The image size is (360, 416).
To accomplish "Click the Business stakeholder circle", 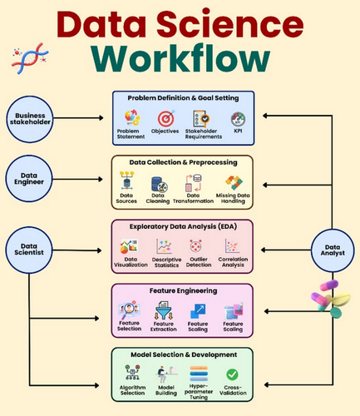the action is point(30,119).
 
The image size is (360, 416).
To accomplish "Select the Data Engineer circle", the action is point(29,179).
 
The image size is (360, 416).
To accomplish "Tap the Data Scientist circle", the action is point(29,250).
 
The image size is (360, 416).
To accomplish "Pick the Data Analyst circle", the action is point(333,250).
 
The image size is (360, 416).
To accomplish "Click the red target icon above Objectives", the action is point(166,118).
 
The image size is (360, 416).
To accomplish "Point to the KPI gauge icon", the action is point(238,119).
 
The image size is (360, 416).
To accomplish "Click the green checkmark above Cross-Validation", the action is point(232,374).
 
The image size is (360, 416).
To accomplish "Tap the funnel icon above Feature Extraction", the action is point(164,310).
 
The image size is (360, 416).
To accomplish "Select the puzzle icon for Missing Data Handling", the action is point(234,183).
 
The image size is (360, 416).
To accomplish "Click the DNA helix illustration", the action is point(30,58).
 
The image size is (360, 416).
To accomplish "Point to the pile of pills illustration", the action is point(330,299).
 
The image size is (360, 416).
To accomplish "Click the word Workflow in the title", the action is point(180,59).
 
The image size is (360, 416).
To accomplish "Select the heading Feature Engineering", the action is point(183,291).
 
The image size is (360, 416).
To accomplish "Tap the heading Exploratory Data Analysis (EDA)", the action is point(183,226).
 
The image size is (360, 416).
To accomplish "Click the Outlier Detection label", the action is point(199,262).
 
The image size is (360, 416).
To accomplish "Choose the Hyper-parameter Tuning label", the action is point(199,392).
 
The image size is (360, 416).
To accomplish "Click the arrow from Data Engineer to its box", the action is point(77,179).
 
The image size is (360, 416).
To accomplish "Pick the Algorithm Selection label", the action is point(132,390).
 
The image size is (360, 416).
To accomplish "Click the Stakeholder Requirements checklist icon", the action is point(201,119).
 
